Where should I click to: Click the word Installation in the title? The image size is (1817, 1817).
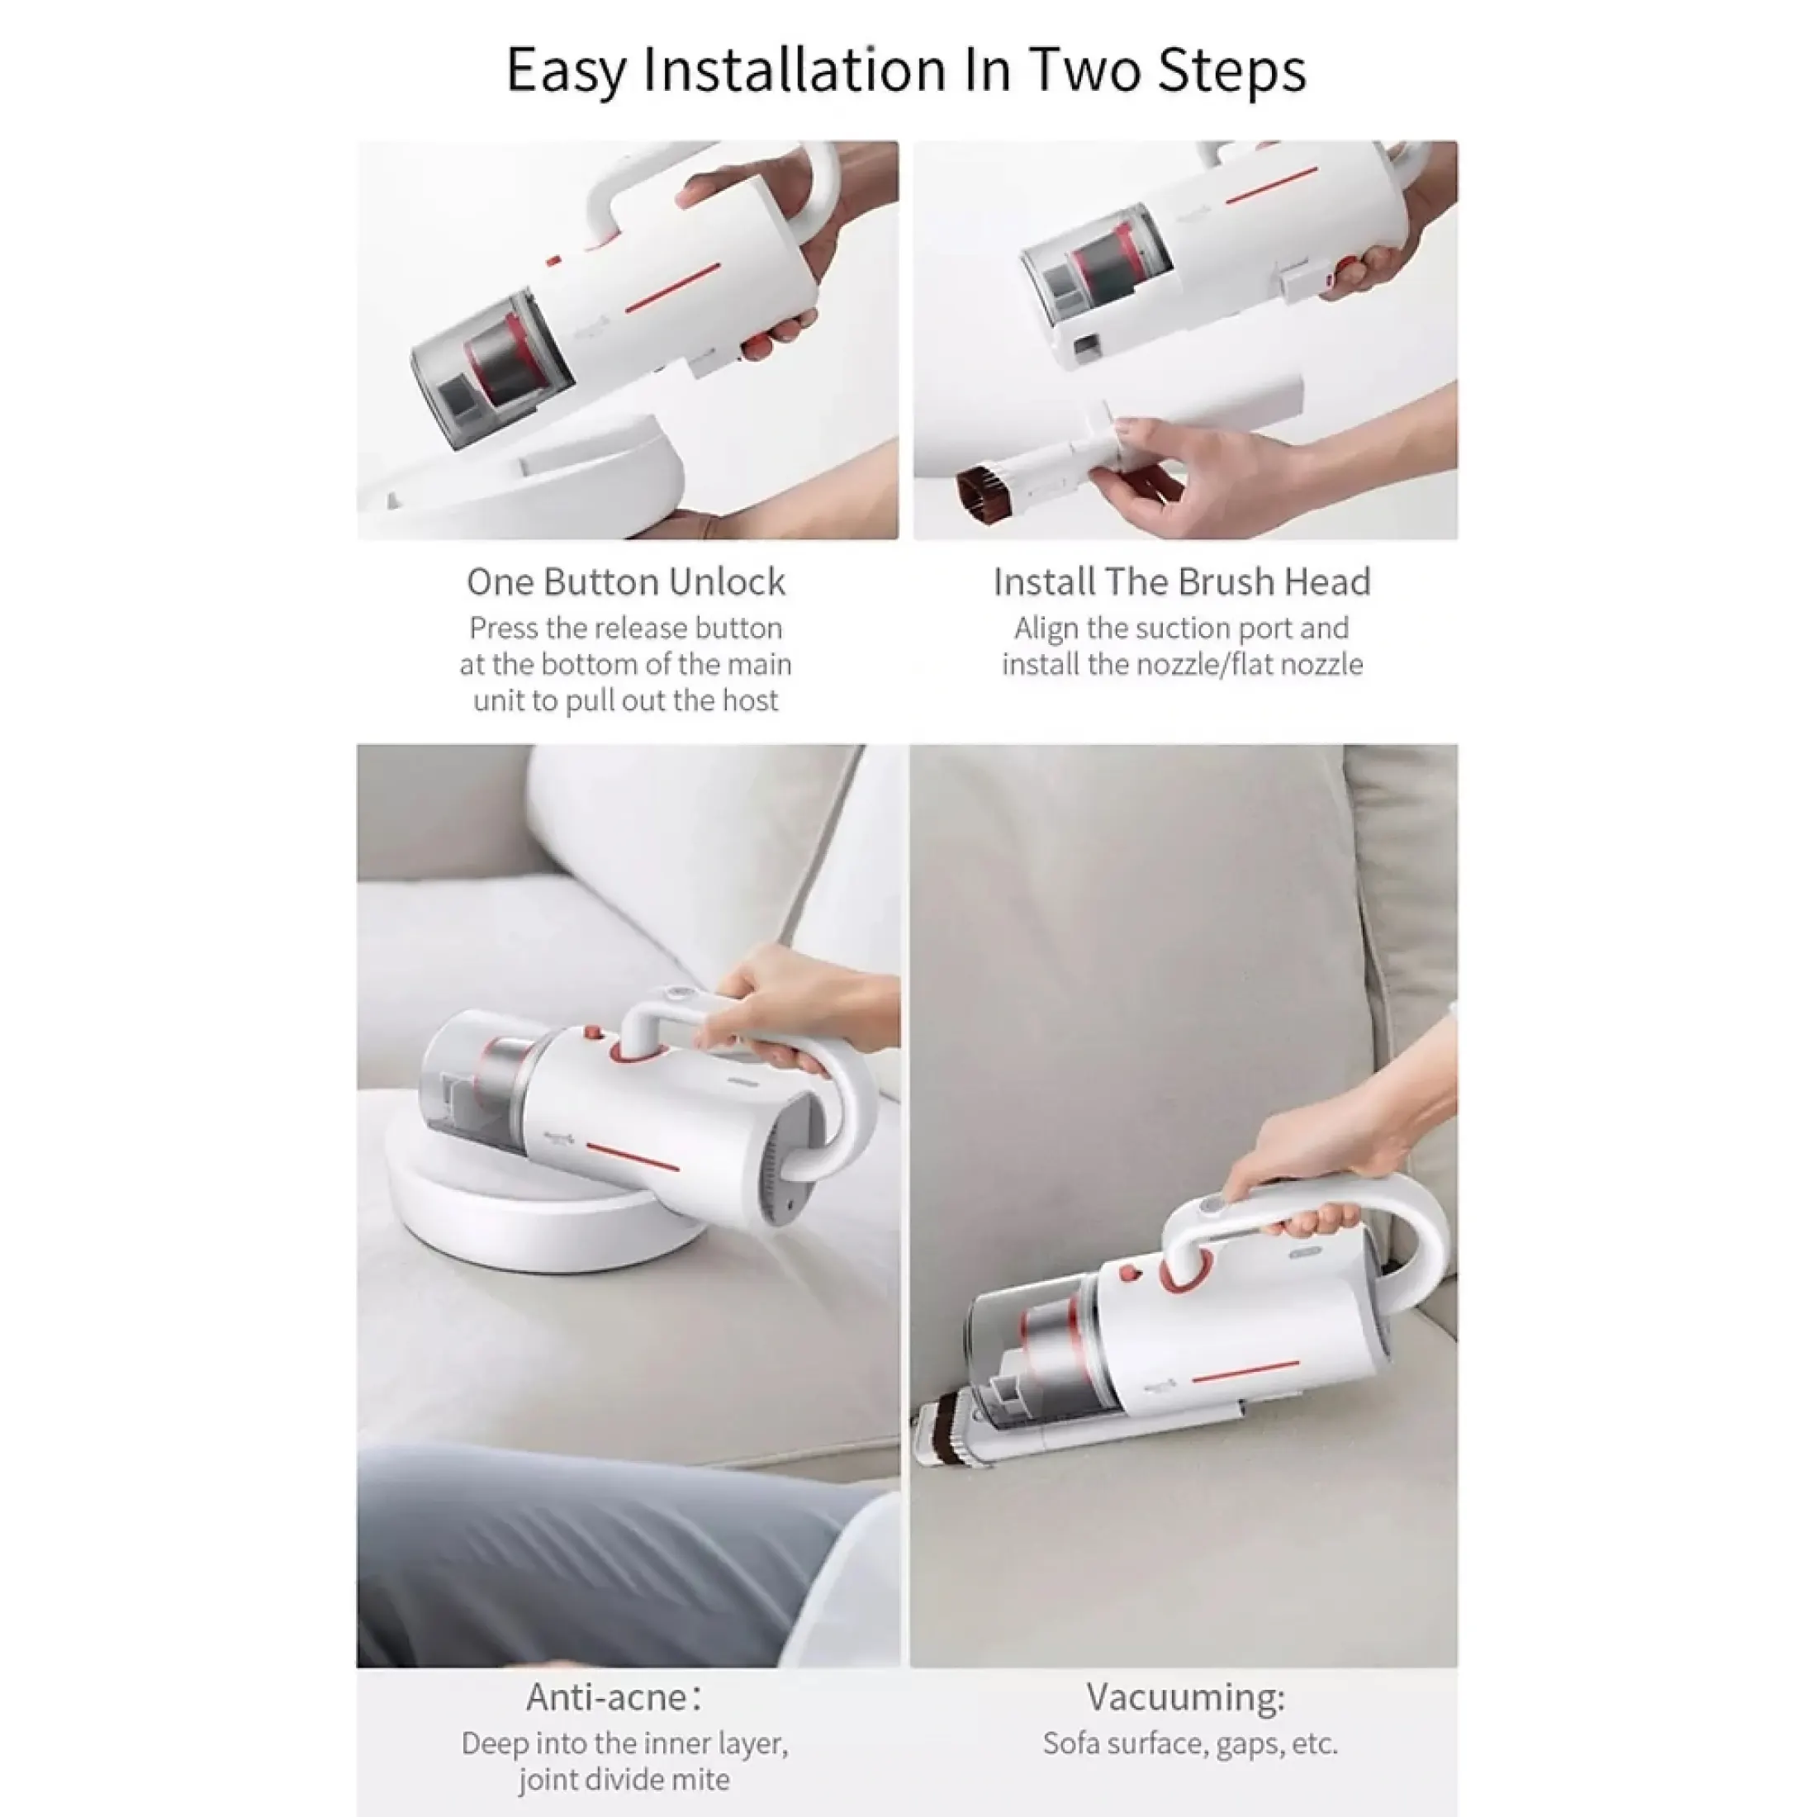[795, 69]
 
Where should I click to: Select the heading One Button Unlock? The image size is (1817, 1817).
[626, 582]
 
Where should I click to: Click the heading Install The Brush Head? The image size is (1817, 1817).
[1182, 582]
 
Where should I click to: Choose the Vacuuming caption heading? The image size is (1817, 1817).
[1185, 1697]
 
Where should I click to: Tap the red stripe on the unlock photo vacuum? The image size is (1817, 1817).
[672, 287]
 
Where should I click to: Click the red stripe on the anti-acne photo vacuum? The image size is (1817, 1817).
[632, 1157]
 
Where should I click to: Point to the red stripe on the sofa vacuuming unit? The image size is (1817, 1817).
[1245, 1371]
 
